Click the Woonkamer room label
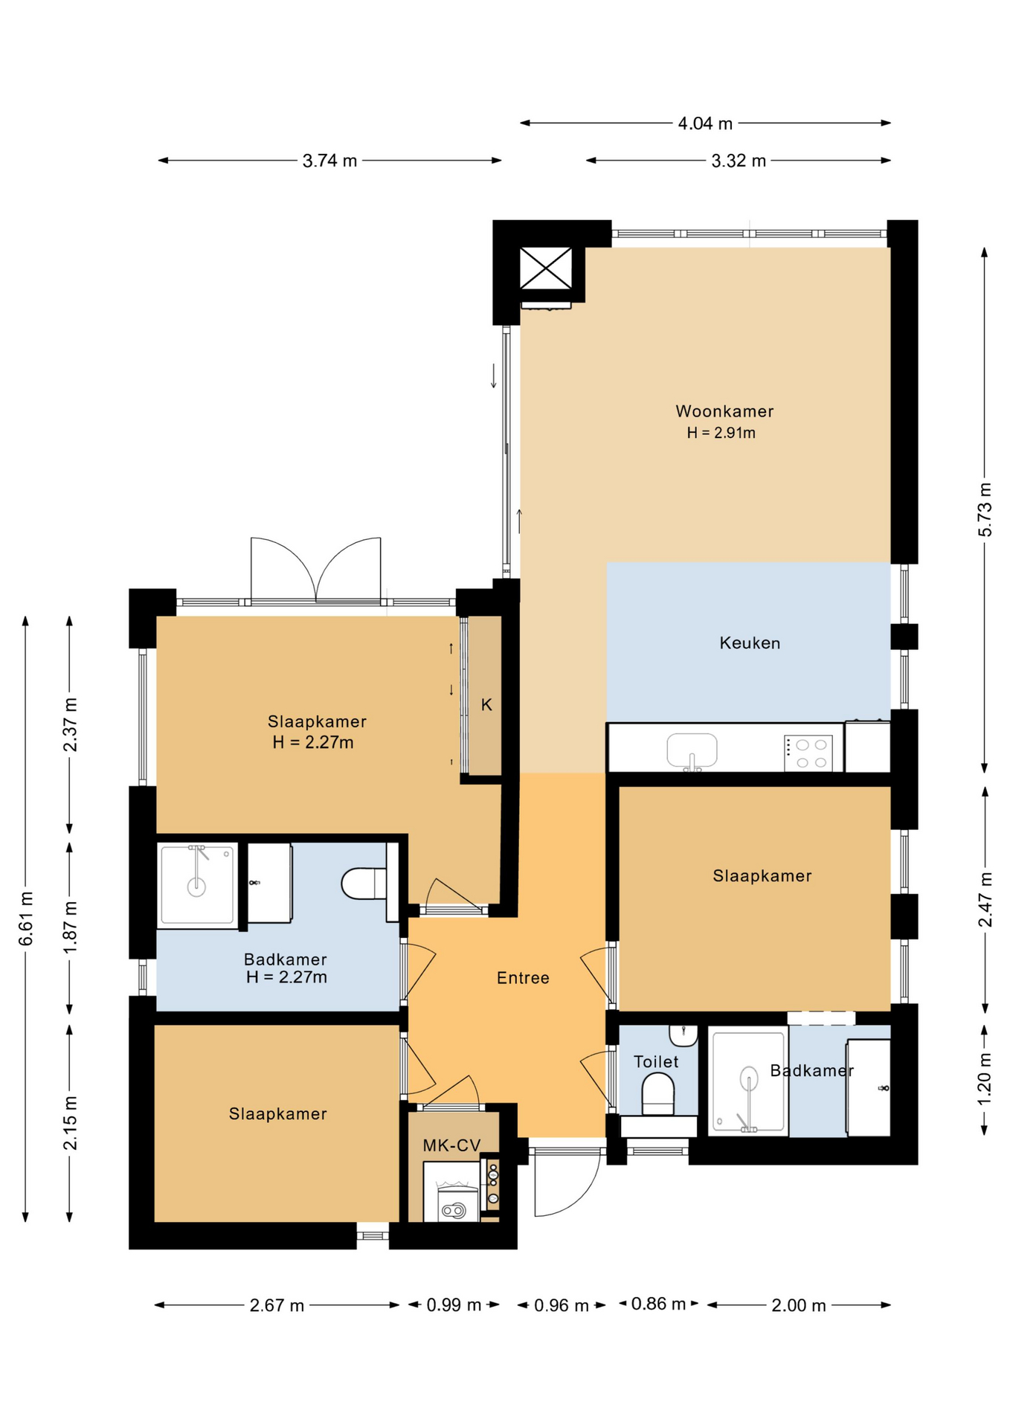(x=724, y=411)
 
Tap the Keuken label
(x=750, y=643)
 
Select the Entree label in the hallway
(x=523, y=978)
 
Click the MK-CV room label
(x=451, y=1145)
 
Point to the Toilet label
(x=656, y=1062)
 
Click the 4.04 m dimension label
(x=705, y=123)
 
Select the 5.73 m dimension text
(x=985, y=509)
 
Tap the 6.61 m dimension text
(x=26, y=919)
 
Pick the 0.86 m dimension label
(x=658, y=1304)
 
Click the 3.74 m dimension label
(x=329, y=161)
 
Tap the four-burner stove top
(x=808, y=753)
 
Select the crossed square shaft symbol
(x=546, y=268)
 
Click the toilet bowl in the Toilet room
(x=657, y=1096)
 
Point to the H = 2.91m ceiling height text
(x=721, y=433)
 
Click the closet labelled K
(x=485, y=696)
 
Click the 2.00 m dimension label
(x=799, y=1305)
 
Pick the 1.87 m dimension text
(x=70, y=927)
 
